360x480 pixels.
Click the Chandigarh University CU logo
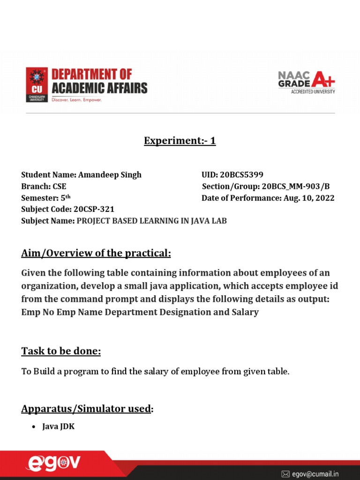tap(37, 85)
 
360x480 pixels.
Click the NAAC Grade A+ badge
tap(307, 82)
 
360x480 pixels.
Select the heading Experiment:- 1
tap(180, 141)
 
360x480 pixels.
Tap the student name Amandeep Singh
tap(110, 175)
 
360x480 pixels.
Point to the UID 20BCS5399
tap(242, 175)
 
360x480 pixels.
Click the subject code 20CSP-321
tap(94, 209)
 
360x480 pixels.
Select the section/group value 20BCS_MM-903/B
tap(296, 187)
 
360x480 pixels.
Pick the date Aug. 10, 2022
tap(309, 198)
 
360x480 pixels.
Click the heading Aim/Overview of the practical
tap(96, 254)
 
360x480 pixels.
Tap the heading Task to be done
tap(61, 351)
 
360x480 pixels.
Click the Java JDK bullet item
tap(58, 427)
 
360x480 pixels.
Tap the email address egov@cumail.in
tap(315, 474)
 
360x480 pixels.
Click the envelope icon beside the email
tap(285, 474)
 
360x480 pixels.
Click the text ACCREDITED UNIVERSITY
tap(313, 92)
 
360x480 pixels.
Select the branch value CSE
tap(59, 187)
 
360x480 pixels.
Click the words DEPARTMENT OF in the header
tap(91, 74)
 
